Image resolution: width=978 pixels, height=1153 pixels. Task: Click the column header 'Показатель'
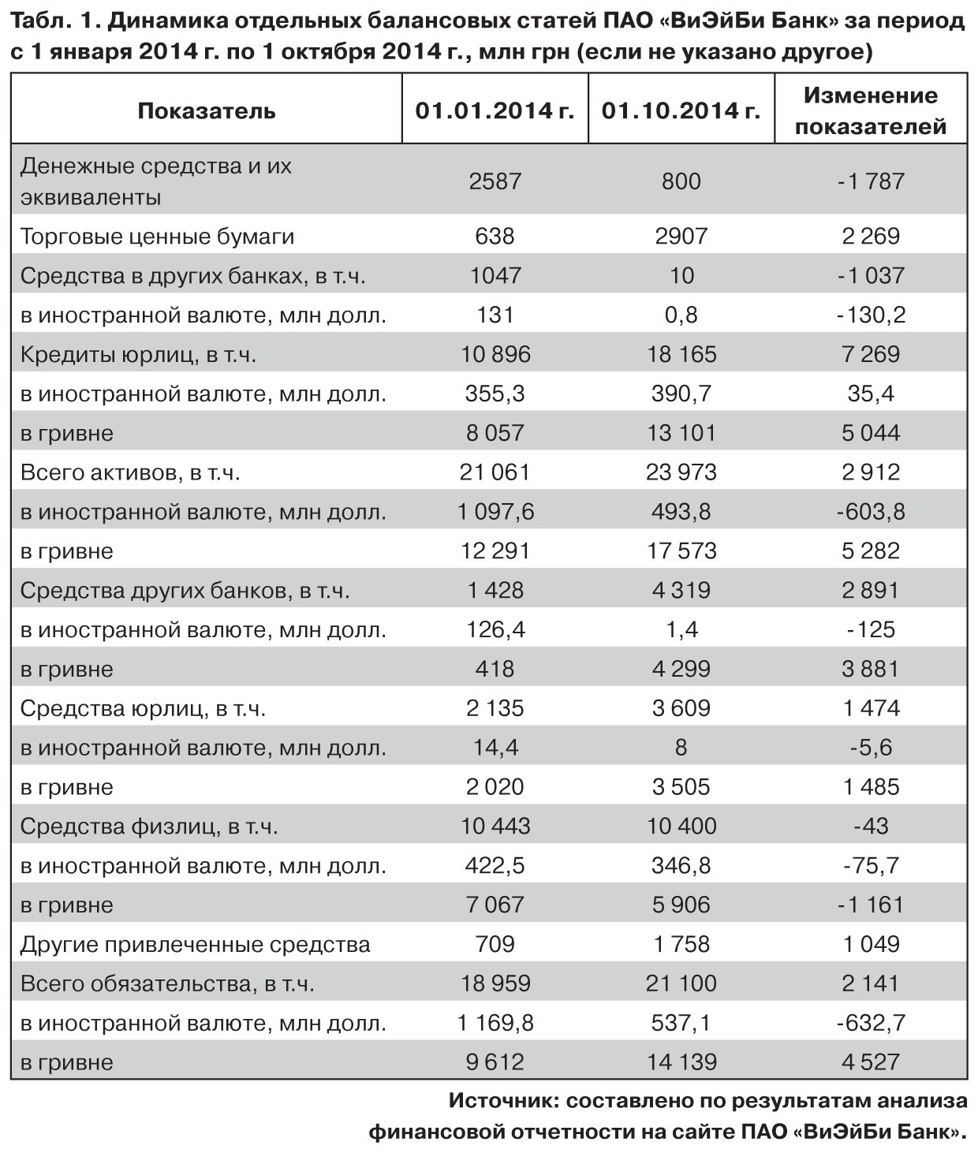coord(206,110)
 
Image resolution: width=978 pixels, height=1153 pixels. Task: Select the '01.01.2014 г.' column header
coord(495,110)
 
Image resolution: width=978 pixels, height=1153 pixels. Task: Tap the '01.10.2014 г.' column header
coord(681,110)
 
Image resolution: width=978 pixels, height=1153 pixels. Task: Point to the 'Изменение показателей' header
coord(871,110)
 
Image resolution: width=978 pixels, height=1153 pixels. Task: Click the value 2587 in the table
coord(495,181)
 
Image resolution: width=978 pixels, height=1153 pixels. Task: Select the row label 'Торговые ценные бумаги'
coord(157,236)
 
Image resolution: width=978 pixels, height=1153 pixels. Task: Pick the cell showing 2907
coord(681,236)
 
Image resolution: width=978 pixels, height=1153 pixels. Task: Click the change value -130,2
coord(871,315)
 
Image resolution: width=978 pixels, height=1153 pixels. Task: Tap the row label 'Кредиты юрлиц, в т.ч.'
coord(138,354)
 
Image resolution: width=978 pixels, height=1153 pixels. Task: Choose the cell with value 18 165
coord(681,354)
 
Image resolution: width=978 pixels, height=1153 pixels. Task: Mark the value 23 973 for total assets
coord(681,472)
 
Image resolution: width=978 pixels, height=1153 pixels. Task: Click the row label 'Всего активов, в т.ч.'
coord(130,472)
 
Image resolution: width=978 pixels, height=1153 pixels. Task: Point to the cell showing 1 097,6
coord(495,511)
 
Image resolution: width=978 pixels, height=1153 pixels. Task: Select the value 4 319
coord(681,590)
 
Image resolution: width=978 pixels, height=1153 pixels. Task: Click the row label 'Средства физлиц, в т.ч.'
coord(149,826)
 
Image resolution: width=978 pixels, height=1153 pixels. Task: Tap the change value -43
coord(871,826)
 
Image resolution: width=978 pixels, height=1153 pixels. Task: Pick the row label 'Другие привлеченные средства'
coord(195,944)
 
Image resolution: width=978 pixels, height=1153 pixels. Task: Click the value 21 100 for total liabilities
coord(681,983)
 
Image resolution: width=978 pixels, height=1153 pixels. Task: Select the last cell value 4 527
coord(871,1062)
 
